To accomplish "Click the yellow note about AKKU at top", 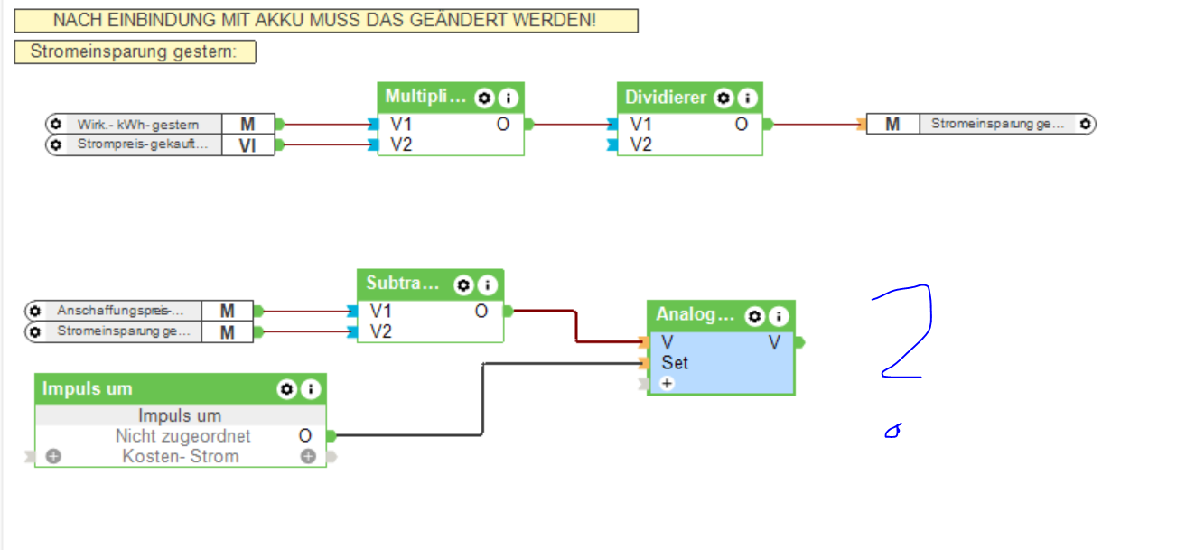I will pyautogui.click(x=325, y=20).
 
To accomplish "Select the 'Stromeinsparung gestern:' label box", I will pyautogui.click(x=135, y=51).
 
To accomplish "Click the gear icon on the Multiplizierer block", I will pyautogui.click(x=484, y=98).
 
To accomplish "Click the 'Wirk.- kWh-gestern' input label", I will pyautogui.click(x=137, y=124).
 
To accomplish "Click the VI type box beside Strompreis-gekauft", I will pyautogui.click(x=247, y=144).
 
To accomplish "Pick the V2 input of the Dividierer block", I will pyautogui.click(x=640, y=144).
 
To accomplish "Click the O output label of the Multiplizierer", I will pyautogui.click(x=502, y=124).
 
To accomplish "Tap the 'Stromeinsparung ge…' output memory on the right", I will pyautogui.click(x=997, y=124).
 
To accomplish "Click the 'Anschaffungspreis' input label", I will pyautogui.click(x=114, y=311).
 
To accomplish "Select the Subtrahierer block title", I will pyautogui.click(x=401, y=284).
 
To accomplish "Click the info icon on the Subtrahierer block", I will pyautogui.click(x=488, y=285).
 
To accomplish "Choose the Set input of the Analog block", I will pyautogui.click(x=674, y=363).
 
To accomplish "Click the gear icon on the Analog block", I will pyautogui.click(x=754, y=316).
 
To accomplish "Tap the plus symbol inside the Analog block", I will pyautogui.click(x=667, y=384).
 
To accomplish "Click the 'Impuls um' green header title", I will pyautogui.click(x=88, y=389).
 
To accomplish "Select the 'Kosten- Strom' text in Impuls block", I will pyautogui.click(x=181, y=456).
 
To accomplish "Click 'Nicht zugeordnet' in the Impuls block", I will pyautogui.click(x=182, y=436).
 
